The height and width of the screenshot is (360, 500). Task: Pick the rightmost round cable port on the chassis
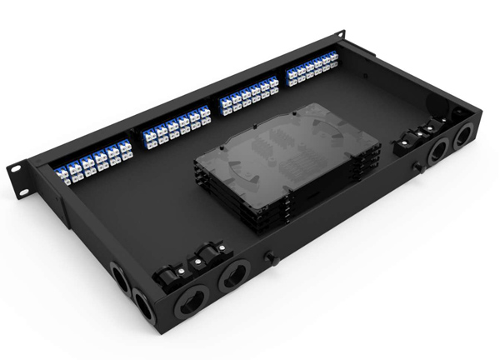click(x=462, y=137)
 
